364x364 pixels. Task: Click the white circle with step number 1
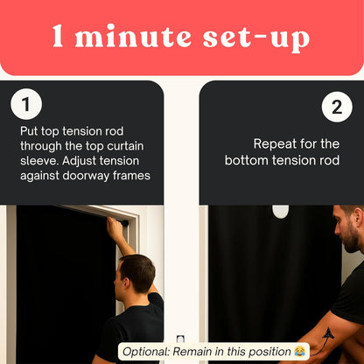26,105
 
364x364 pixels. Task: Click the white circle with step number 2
337,108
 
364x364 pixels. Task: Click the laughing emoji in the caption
300,352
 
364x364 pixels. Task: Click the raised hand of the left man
114,227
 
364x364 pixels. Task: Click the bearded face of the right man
350,232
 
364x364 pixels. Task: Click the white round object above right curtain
280,211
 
